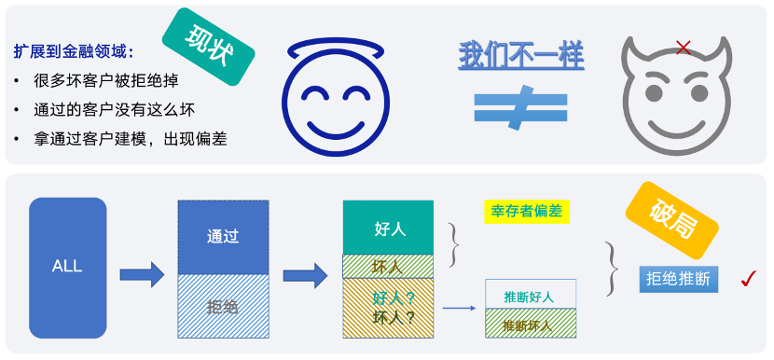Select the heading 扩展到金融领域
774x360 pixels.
pos(75,52)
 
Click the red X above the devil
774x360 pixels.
pos(683,48)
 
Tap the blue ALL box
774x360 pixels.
pos(67,267)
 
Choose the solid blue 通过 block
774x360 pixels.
pos(223,237)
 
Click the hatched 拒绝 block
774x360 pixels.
pos(223,305)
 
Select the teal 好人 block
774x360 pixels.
pos(388,227)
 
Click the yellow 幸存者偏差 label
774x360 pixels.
pos(527,212)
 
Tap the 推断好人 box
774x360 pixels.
pos(530,297)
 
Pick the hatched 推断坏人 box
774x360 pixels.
pos(530,325)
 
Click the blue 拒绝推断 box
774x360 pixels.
pos(677,279)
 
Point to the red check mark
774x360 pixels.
pos(747,278)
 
